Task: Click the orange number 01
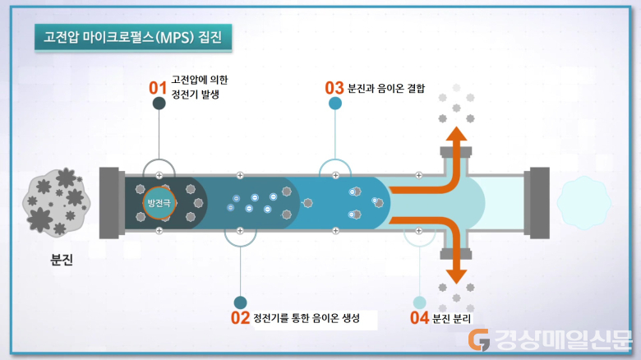(158, 88)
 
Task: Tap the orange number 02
(240, 318)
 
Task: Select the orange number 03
(334, 88)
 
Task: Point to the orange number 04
(419, 318)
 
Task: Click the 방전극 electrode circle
(159, 203)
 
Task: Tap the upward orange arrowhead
(456, 133)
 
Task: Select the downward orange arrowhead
(456, 276)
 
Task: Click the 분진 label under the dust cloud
(62, 260)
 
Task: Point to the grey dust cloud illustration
(56, 202)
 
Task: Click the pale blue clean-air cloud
(583, 203)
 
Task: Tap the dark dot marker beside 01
(159, 103)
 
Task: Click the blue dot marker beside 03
(335, 103)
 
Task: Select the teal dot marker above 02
(240, 302)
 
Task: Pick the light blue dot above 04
(419, 302)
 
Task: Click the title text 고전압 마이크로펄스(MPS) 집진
(133, 37)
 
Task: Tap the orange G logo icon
(479, 340)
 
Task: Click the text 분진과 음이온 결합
(386, 89)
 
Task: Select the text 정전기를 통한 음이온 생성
(307, 318)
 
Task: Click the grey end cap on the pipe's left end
(112, 203)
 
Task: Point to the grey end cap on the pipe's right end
(537, 203)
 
